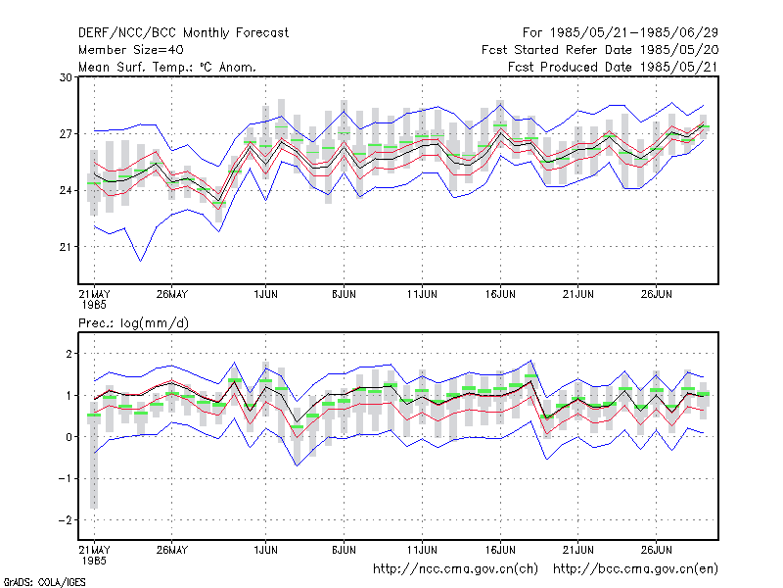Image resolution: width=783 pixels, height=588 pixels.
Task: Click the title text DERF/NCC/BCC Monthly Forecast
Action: (x=183, y=33)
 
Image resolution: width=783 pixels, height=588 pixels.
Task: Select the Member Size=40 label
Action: (x=131, y=50)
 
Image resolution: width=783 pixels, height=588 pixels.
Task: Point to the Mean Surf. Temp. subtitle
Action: (x=166, y=67)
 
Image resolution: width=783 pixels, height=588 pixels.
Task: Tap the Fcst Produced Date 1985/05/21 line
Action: (x=613, y=67)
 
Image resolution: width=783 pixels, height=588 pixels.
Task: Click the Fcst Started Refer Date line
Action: (x=600, y=50)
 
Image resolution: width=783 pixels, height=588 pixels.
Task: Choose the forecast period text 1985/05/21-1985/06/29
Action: (x=633, y=33)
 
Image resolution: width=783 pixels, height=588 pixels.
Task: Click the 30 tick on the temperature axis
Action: (x=66, y=77)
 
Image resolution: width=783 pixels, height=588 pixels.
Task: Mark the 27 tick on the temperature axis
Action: (x=66, y=134)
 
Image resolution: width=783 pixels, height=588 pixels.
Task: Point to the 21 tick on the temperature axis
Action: (x=66, y=247)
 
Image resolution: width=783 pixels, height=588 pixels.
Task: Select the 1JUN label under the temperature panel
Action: (x=265, y=294)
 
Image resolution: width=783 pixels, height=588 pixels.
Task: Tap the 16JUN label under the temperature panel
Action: (x=500, y=294)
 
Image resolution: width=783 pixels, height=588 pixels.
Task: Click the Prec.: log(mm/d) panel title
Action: (x=133, y=323)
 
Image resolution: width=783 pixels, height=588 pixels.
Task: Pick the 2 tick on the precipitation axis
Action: (x=69, y=354)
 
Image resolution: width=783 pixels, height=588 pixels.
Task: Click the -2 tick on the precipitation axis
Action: (x=65, y=520)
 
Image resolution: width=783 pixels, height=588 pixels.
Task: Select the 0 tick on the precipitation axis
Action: (x=69, y=437)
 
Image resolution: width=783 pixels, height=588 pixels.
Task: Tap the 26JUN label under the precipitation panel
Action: (x=656, y=550)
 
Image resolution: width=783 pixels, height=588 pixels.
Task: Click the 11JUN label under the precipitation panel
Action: (x=422, y=550)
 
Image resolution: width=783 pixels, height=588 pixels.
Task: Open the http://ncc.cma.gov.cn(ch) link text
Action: (x=455, y=569)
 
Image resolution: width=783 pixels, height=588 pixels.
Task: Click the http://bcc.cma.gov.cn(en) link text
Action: (x=635, y=569)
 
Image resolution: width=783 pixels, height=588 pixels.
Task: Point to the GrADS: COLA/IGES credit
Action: (x=44, y=582)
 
